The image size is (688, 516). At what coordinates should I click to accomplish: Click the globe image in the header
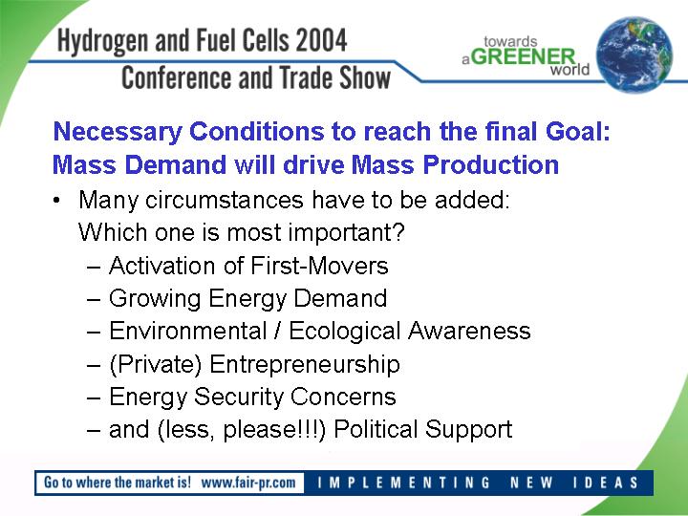click(x=634, y=54)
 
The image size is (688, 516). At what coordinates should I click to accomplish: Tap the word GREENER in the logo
click(x=525, y=56)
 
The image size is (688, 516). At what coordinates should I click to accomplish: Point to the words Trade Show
click(x=334, y=77)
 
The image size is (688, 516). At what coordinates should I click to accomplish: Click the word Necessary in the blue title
click(x=118, y=133)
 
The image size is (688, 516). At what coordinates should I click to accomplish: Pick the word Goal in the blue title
click(x=578, y=131)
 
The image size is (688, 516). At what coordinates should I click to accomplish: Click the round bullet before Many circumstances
click(x=56, y=201)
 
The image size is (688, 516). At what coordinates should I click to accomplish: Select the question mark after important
click(x=398, y=231)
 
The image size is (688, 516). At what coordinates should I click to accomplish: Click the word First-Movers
click(x=319, y=266)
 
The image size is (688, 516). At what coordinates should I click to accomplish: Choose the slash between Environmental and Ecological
click(x=277, y=331)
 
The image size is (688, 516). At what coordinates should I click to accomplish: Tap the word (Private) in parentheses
click(x=156, y=365)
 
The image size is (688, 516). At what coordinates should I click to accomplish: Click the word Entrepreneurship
click(x=305, y=365)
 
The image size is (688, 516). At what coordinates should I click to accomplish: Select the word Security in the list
click(x=239, y=398)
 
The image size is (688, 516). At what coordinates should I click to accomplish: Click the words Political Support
click(x=423, y=430)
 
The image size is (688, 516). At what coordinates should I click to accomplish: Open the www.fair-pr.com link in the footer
click(x=248, y=483)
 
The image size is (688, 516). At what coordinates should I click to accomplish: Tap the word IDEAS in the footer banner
click(x=606, y=483)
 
